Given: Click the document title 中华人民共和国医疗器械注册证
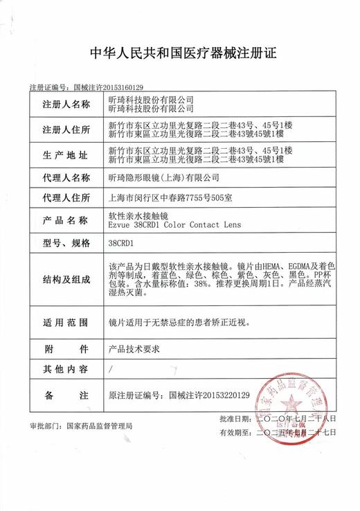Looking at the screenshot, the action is [180, 53].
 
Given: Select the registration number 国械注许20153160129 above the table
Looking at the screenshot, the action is [107, 88].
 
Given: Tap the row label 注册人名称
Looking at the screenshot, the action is [66, 105].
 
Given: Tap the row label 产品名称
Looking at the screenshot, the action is [66, 220].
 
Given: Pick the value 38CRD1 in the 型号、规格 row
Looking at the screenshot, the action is [122, 243].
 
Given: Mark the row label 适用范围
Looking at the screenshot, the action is [66, 322].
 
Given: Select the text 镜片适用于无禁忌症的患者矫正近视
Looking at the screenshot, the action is [188, 322].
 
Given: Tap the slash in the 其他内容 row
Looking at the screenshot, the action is [111, 370].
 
